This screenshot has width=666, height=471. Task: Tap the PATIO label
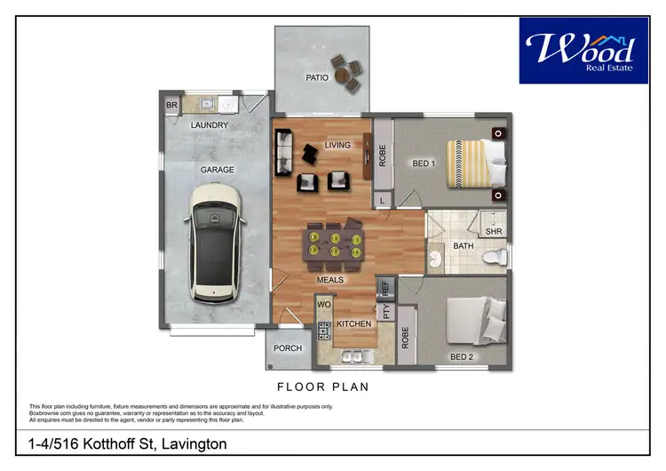[318, 78]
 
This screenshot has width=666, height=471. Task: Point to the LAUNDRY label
[210, 125]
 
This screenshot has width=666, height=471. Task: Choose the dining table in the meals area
[334, 243]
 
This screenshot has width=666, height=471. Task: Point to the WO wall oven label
[323, 306]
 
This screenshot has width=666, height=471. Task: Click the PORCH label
[288, 348]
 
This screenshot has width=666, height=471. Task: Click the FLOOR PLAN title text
[323, 387]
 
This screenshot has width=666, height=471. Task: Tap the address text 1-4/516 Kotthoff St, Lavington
[123, 443]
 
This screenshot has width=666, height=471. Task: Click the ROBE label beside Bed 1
[382, 155]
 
